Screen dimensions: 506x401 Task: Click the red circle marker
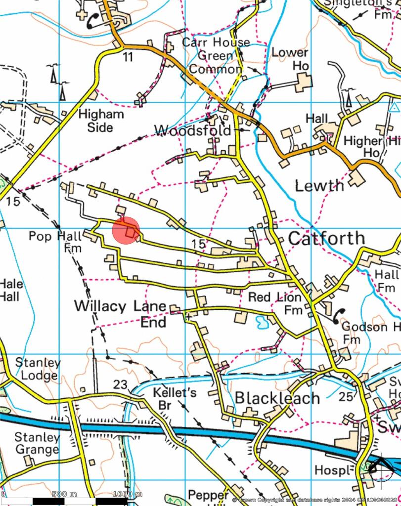126,230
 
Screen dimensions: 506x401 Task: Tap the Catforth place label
326,238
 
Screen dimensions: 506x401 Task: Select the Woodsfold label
192,130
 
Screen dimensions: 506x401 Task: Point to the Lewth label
319,186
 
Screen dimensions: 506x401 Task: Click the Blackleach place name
277,398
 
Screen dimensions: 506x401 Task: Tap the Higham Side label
101,121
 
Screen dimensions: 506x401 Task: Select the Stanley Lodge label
38,369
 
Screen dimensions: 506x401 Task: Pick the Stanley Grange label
37,443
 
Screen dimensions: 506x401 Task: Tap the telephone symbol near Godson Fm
338,315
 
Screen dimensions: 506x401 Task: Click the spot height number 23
120,384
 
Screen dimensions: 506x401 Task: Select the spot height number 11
129,57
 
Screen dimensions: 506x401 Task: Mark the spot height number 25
347,396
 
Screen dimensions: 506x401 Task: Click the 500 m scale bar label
64,494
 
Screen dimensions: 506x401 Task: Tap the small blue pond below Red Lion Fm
261,322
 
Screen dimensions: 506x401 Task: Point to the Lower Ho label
290,59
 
